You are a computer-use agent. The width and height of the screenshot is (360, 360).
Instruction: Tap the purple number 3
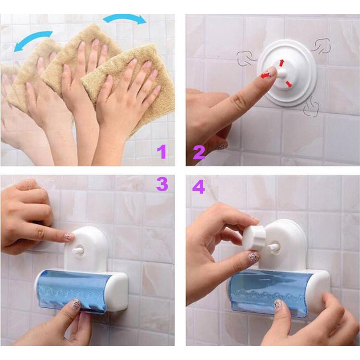[x=162, y=184]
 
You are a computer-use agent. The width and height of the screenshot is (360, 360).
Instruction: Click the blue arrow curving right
[x=125, y=18]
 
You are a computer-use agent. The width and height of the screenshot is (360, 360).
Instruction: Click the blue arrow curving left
[x=32, y=39]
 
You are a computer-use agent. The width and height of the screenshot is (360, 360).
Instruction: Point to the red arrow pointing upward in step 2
[x=282, y=63]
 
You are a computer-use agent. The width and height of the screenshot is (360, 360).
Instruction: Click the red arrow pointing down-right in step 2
[x=288, y=84]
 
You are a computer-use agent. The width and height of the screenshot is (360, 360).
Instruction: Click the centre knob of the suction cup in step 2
[x=281, y=73]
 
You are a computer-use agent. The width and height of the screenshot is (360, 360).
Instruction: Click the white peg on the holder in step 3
[x=77, y=250]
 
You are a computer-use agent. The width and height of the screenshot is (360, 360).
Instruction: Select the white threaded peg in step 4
[x=273, y=247]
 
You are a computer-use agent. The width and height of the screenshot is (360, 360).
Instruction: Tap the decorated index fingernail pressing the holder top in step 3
[x=69, y=235]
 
